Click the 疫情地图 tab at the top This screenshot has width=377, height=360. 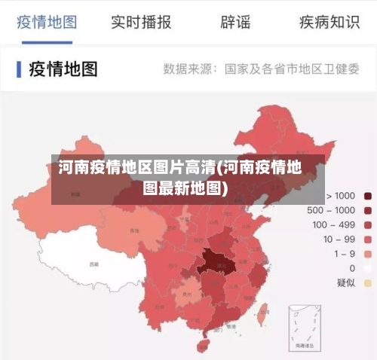47,22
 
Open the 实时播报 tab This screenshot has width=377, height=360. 141,22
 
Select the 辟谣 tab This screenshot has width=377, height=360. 235,22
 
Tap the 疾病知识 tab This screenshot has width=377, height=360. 329,22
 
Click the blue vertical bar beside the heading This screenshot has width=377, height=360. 18,69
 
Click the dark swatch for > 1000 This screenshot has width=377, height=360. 368,196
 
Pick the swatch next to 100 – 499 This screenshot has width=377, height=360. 368,224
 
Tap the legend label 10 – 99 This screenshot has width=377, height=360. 339,239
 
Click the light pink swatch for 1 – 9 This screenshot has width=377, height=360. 368,254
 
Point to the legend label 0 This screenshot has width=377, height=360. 351,268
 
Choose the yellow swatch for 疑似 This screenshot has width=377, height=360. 368,282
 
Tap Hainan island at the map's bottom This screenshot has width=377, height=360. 202,345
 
